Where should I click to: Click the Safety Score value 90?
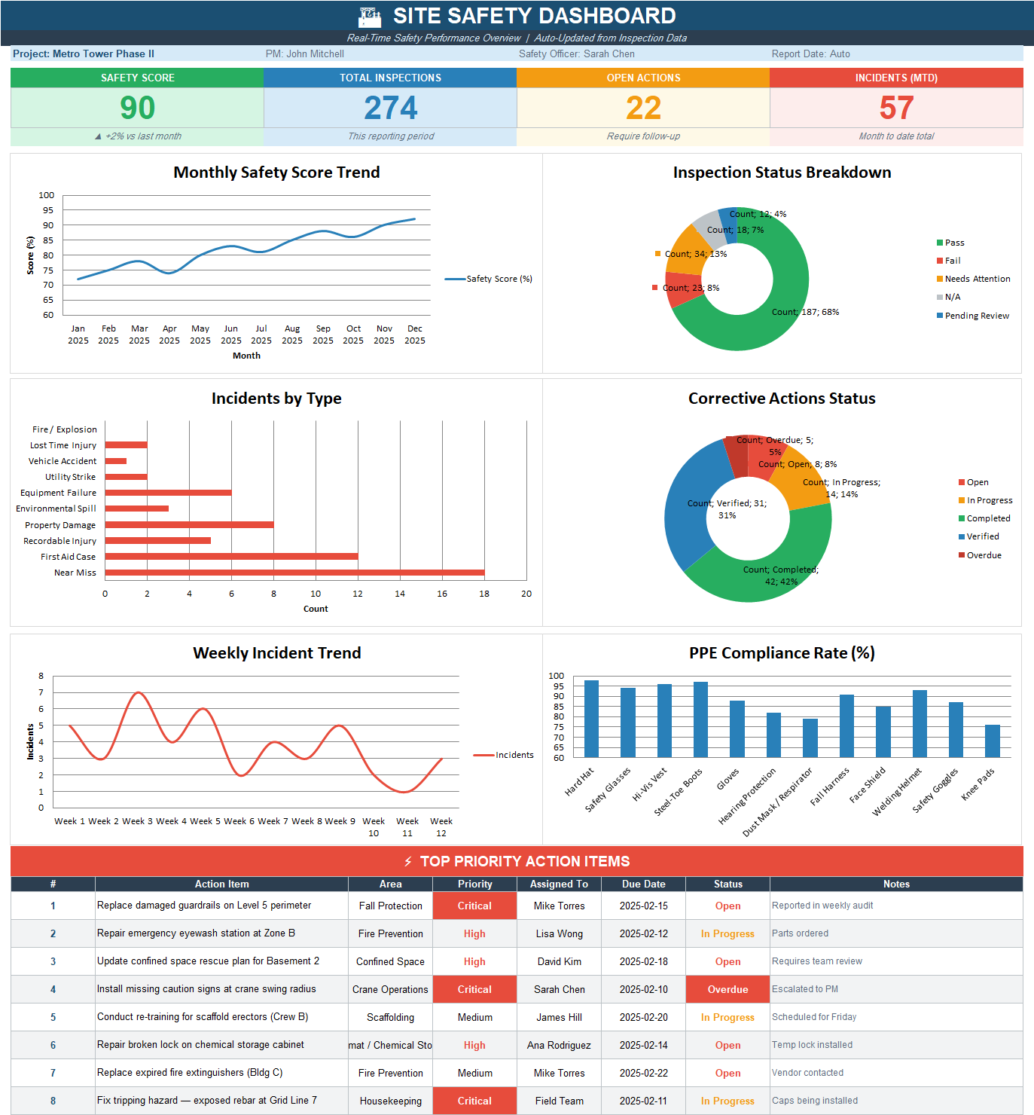coord(137,108)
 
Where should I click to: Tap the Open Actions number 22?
coord(643,108)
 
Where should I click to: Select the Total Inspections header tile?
coord(390,78)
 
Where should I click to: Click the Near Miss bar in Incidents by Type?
coord(294,573)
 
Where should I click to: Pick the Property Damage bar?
coord(189,525)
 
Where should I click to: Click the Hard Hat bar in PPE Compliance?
coord(591,719)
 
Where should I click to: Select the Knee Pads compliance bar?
coord(992,741)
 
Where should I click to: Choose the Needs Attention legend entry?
coord(977,279)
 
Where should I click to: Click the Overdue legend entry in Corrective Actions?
coord(983,555)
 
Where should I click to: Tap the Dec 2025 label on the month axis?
coord(414,334)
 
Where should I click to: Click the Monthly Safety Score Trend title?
coord(276,173)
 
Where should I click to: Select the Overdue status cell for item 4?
coord(727,989)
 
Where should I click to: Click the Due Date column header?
coord(643,884)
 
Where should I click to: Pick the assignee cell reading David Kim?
coord(559,961)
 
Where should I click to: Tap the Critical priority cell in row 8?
coord(474,1101)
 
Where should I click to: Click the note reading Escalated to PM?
coord(804,989)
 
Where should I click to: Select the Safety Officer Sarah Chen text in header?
coord(576,54)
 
